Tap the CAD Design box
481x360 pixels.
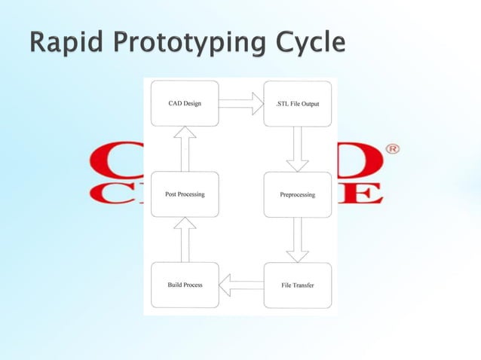click(185, 103)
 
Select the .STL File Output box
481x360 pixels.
click(297, 103)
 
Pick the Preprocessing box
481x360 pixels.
click(297, 194)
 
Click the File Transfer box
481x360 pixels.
click(297, 285)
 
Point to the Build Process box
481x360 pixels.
click(185, 285)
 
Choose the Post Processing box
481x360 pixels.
click(185, 194)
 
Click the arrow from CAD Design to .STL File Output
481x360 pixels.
click(241, 103)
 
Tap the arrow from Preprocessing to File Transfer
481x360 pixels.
click(297, 239)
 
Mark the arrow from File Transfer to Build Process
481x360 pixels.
click(241, 285)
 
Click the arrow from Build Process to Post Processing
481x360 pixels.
click(185, 239)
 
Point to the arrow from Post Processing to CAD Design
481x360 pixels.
click(185, 148)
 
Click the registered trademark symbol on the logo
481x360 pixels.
click(393, 149)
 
